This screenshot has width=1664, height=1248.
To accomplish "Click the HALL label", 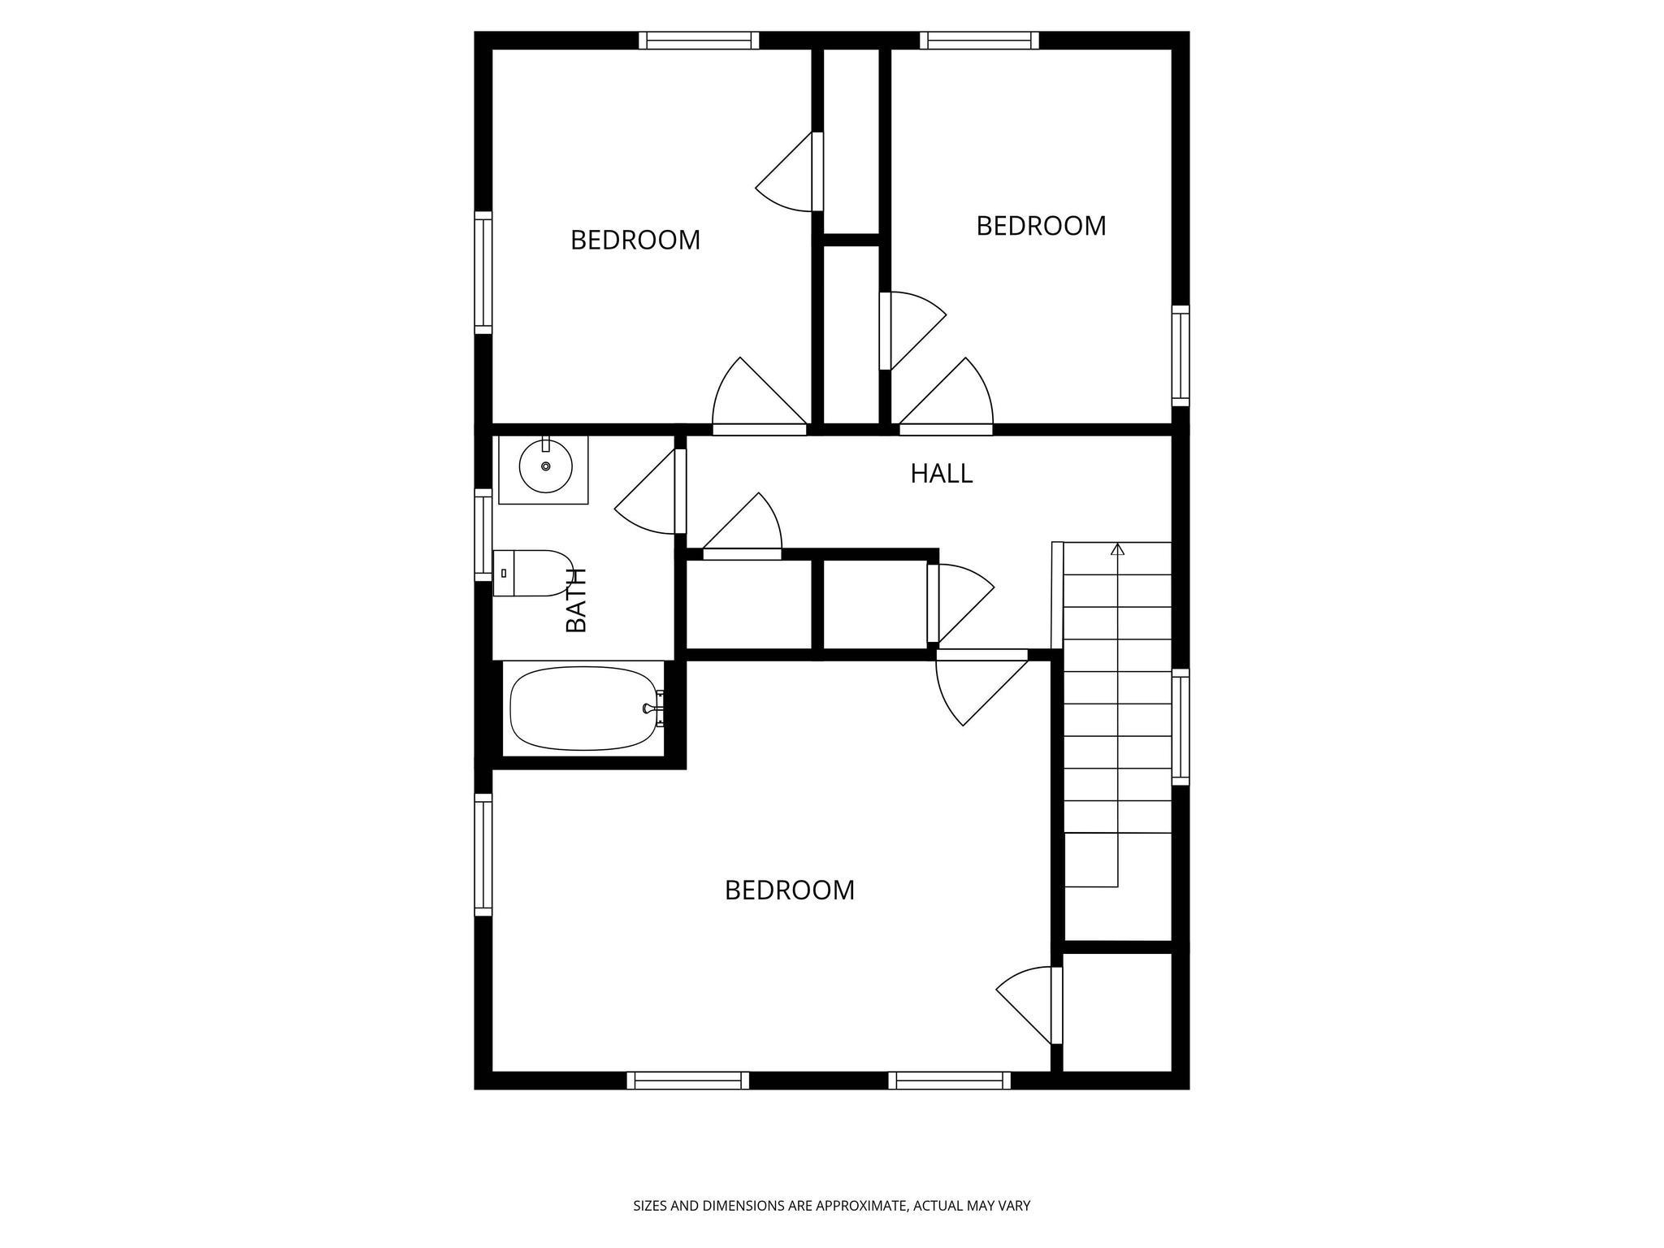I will (941, 474).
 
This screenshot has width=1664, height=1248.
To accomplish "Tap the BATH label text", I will (576, 600).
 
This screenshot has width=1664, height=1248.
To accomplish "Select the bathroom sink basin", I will (545, 466).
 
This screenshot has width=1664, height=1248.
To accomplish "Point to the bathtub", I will (583, 708).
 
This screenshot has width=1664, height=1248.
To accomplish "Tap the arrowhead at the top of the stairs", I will (1117, 550).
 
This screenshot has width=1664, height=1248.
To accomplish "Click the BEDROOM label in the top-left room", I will (635, 240).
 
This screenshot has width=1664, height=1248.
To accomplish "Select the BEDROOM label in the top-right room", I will (1041, 226).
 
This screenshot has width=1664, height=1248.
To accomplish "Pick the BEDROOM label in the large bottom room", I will (789, 890).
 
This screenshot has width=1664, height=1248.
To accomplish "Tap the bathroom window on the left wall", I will (483, 535).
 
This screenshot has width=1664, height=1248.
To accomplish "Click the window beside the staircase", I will (1181, 726).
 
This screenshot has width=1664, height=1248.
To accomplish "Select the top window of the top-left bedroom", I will (698, 41).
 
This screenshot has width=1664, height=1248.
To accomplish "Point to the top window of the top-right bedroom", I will (979, 41).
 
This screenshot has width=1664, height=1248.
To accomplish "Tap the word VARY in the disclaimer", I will (1014, 1206).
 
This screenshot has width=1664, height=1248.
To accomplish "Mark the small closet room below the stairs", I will (1117, 1012).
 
